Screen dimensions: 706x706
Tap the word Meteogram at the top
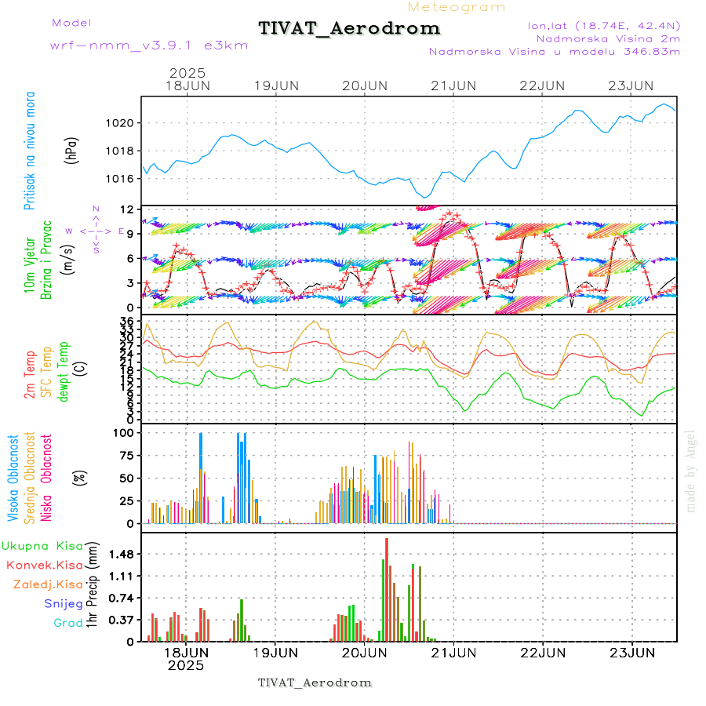457,7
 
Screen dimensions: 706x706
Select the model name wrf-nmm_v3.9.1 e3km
149,45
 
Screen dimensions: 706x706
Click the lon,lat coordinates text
604,25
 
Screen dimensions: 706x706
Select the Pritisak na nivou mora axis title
30,151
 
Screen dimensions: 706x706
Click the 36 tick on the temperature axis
126,321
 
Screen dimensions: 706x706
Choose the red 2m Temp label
30,375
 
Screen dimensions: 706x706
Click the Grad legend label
68,623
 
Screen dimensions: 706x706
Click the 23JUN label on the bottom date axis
631,652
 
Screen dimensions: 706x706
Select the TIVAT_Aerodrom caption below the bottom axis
315,682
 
